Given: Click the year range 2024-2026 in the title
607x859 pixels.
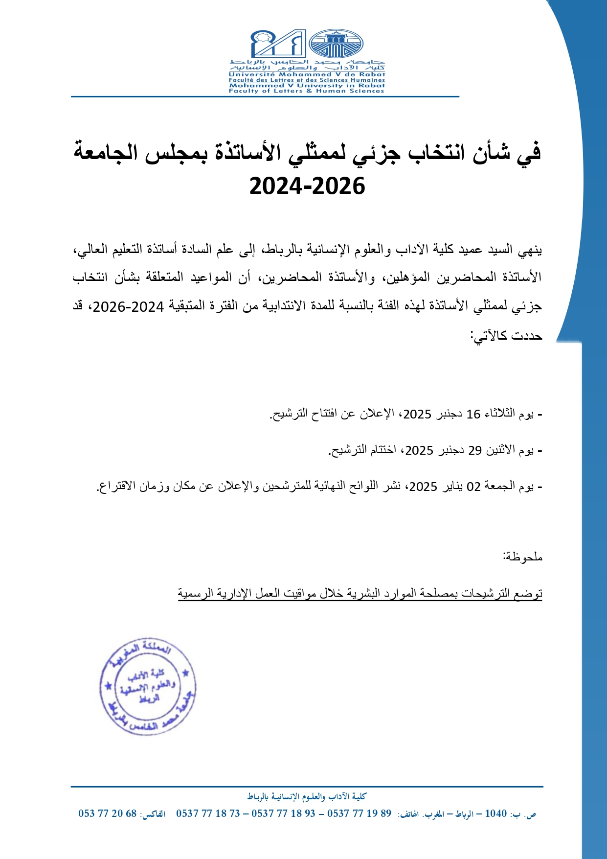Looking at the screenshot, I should coord(307,186).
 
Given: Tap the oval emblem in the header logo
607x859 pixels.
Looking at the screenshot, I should coord(336,44).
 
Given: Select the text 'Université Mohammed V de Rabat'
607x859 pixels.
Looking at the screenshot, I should coord(307,74).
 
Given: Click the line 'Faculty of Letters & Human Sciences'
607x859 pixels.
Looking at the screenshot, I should coord(307,91).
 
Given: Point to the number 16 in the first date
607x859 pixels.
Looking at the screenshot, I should coord(473,414).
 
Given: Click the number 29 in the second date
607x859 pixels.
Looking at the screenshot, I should coord(475,450).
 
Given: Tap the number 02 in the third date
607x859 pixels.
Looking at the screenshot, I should coord(473,487).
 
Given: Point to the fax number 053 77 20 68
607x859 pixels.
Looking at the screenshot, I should coord(108,813).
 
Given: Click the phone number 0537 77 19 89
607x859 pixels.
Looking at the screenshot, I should coord(360,813).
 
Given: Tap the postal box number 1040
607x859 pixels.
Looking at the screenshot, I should coord(495,813).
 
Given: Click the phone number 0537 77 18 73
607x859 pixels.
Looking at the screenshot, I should coord(208,813).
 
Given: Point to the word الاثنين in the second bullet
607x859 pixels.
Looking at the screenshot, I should coord(501,450).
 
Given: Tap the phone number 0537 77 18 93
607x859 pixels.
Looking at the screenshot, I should coord(284,813).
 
